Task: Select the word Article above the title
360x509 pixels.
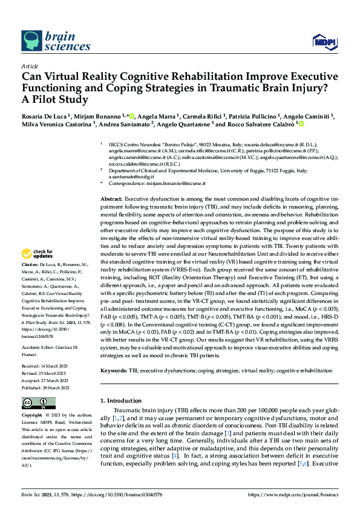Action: (x=30, y=66)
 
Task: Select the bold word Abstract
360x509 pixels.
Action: (x=111, y=198)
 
